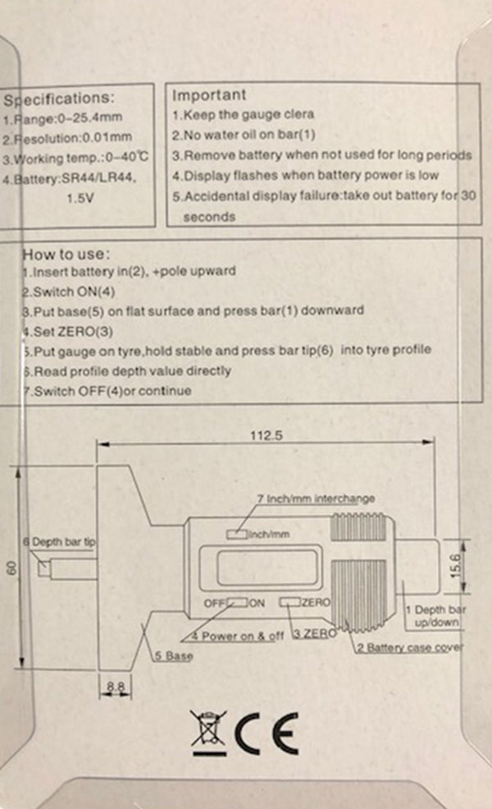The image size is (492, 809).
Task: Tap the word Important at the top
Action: click(208, 95)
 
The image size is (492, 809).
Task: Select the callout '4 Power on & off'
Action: click(238, 636)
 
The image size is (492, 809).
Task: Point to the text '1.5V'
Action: click(79, 198)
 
